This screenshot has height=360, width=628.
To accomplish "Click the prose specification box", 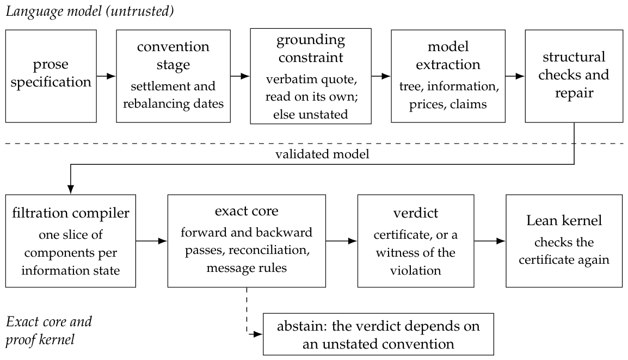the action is coord(51,76).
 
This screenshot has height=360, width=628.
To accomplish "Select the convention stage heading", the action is coord(173,55).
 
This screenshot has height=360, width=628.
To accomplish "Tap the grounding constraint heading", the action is coord(311,48).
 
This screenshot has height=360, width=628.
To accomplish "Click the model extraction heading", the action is coord(448,55).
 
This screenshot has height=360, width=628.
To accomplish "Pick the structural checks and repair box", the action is coord(574,76).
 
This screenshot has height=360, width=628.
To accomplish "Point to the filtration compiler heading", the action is coord(71,213).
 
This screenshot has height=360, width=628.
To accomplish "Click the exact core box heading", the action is coord(247,211).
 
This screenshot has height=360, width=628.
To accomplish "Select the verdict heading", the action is coord(416,213).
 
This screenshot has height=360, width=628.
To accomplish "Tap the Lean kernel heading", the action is coord(564,220).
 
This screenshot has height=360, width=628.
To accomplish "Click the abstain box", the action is coord(378,334).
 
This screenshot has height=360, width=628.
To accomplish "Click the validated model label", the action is coord(322,154).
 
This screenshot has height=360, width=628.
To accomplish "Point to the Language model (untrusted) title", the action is coord(90,11).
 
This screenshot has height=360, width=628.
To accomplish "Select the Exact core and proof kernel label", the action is coord(49,331).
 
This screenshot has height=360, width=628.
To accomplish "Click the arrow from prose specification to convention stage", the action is coord(106,76).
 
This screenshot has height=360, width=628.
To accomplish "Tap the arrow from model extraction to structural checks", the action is coord(515,76).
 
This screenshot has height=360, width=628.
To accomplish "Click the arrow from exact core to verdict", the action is coord(341,241).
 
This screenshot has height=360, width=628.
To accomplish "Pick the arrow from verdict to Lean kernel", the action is coord(490,241).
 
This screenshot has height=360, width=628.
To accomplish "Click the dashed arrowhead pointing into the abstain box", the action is coord(258,334).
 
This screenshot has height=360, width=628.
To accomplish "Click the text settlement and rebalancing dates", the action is coord(173,95).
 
